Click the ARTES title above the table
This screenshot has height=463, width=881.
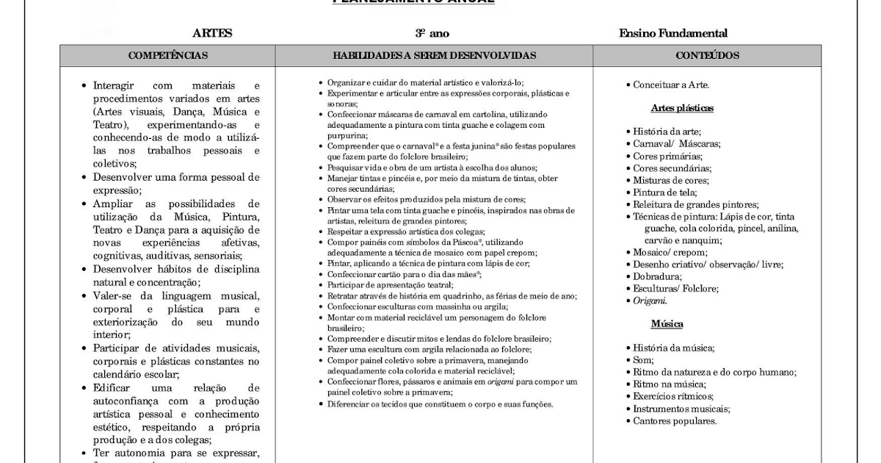pos(212,33)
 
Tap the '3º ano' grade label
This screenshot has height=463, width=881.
pos(432,33)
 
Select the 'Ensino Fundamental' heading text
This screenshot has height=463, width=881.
pos(673,33)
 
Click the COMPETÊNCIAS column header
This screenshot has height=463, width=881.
pos(168,55)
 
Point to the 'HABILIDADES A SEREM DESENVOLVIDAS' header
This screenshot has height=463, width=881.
pos(434,55)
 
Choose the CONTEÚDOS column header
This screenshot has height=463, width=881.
pos(707,55)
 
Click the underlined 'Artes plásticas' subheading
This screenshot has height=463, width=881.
pos(682,108)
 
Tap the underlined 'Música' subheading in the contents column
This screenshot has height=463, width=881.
pos(667,324)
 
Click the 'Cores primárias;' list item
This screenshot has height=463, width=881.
pos(667,156)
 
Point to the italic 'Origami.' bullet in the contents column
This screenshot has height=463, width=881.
pos(650,301)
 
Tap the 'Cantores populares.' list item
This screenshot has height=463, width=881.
pos(675,420)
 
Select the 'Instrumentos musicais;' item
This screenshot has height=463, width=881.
pos(681,409)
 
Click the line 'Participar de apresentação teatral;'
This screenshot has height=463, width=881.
pos(390,285)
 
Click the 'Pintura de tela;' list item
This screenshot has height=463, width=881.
pos(667,193)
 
